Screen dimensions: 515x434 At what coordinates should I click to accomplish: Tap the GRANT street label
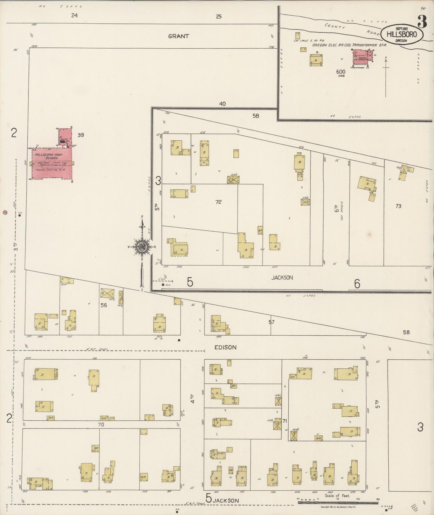click(178, 36)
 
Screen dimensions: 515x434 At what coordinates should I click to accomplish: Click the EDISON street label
click(226, 347)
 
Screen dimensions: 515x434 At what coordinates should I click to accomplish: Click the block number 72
click(218, 202)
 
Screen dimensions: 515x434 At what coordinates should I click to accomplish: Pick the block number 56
click(104, 305)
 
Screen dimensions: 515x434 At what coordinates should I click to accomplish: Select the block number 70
click(101, 425)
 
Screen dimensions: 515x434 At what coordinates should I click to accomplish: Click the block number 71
click(284, 421)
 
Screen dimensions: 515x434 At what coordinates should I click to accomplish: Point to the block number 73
click(398, 206)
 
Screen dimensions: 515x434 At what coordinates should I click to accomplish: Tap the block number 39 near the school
click(80, 135)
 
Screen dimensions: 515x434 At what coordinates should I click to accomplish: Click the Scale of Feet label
click(337, 496)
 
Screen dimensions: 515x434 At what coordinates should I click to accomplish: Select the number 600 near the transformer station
click(341, 72)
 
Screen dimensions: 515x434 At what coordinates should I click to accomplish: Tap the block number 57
click(272, 322)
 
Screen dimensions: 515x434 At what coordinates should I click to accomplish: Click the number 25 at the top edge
click(219, 17)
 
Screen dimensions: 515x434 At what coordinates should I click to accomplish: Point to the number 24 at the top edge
click(74, 15)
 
